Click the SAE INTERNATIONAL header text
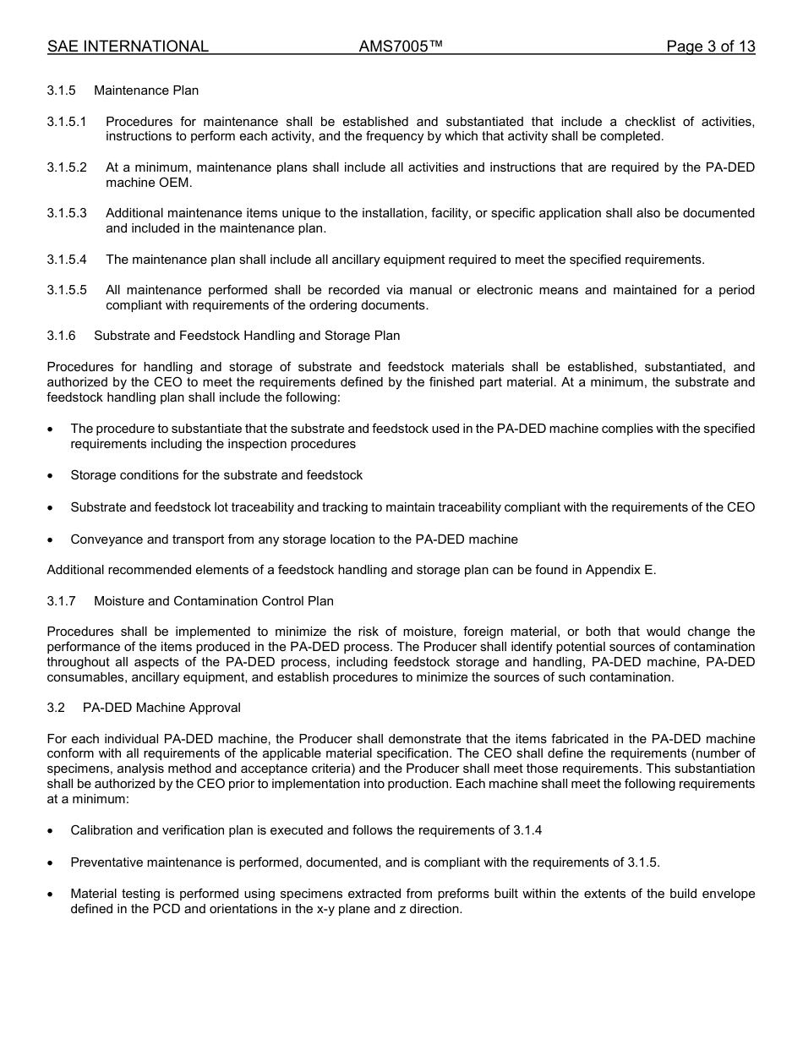point(128,47)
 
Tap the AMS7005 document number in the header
point(401,47)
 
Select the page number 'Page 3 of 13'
point(710,47)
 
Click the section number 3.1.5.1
point(67,122)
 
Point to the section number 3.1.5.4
point(67,260)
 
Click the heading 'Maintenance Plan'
point(146,90)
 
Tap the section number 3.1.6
point(61,336)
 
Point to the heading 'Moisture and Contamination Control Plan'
point(213,601)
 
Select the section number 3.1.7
point(61,601)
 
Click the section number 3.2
point(56,708)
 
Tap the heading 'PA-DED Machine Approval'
point(161,708)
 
